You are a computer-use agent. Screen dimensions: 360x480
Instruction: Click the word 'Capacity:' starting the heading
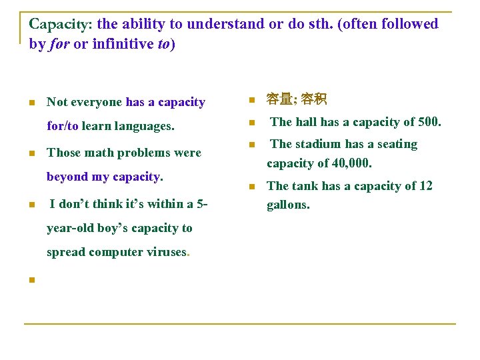point(61,25)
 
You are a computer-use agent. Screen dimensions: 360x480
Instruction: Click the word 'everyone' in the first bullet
point(97,102)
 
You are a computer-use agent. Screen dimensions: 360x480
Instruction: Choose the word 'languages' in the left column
point(143,125)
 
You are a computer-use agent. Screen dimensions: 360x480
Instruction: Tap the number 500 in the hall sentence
point(427,122)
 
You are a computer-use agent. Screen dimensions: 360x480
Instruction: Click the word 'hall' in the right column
point(306,122)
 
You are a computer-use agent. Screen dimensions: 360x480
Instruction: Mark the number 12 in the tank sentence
point(425,186)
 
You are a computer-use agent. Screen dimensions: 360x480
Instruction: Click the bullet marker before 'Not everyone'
point(31,103)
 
